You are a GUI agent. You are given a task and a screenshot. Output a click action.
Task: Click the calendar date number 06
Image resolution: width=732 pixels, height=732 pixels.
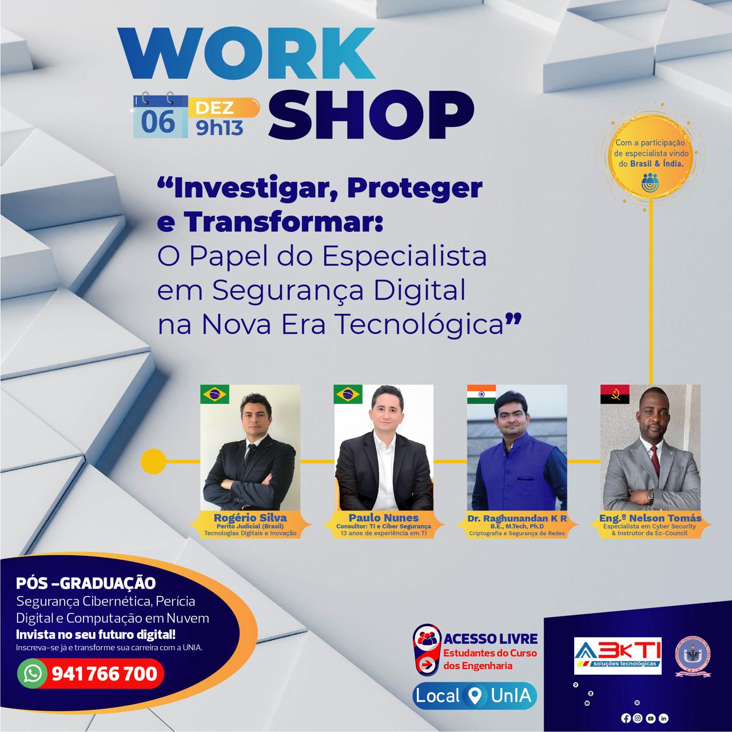(158, 122)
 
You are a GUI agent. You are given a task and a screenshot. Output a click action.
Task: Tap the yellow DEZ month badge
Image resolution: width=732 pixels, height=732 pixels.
(224, 108)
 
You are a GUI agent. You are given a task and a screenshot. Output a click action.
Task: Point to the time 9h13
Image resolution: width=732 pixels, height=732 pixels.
(220, 129)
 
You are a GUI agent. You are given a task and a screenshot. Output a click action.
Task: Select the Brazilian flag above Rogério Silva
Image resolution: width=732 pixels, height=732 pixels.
(214, 394)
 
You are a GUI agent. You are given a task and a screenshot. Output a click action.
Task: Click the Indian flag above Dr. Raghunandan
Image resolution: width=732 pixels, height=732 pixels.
(482, 394)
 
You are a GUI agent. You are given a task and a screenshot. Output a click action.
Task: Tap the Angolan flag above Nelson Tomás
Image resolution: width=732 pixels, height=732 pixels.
(615, 394)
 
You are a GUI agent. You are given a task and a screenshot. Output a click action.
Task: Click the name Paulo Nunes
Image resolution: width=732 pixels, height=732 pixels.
(384, 518)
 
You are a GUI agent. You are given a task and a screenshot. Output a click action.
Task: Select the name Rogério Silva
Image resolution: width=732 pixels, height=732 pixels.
(250, 518)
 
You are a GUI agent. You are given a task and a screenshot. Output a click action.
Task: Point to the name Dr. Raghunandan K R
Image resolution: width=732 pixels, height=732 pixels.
(517, 518)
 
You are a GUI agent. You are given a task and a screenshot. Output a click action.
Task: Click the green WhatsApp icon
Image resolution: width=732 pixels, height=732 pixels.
(32, 674)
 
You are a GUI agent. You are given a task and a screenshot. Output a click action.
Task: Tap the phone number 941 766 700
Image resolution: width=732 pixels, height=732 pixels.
(104, 674)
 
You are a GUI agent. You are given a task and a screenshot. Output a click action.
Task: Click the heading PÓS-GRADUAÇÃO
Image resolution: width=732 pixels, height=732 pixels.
(86, 583)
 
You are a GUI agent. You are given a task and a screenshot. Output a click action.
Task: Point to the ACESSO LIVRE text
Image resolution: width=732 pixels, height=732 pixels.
(491, 639)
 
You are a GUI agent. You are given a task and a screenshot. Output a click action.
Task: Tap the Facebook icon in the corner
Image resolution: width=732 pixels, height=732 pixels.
(626, 718)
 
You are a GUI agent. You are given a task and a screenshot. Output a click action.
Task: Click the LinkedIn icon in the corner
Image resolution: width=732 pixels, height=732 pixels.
(663, 718)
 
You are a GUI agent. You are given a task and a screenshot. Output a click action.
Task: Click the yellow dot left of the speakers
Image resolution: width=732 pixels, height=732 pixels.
(153, 462)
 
